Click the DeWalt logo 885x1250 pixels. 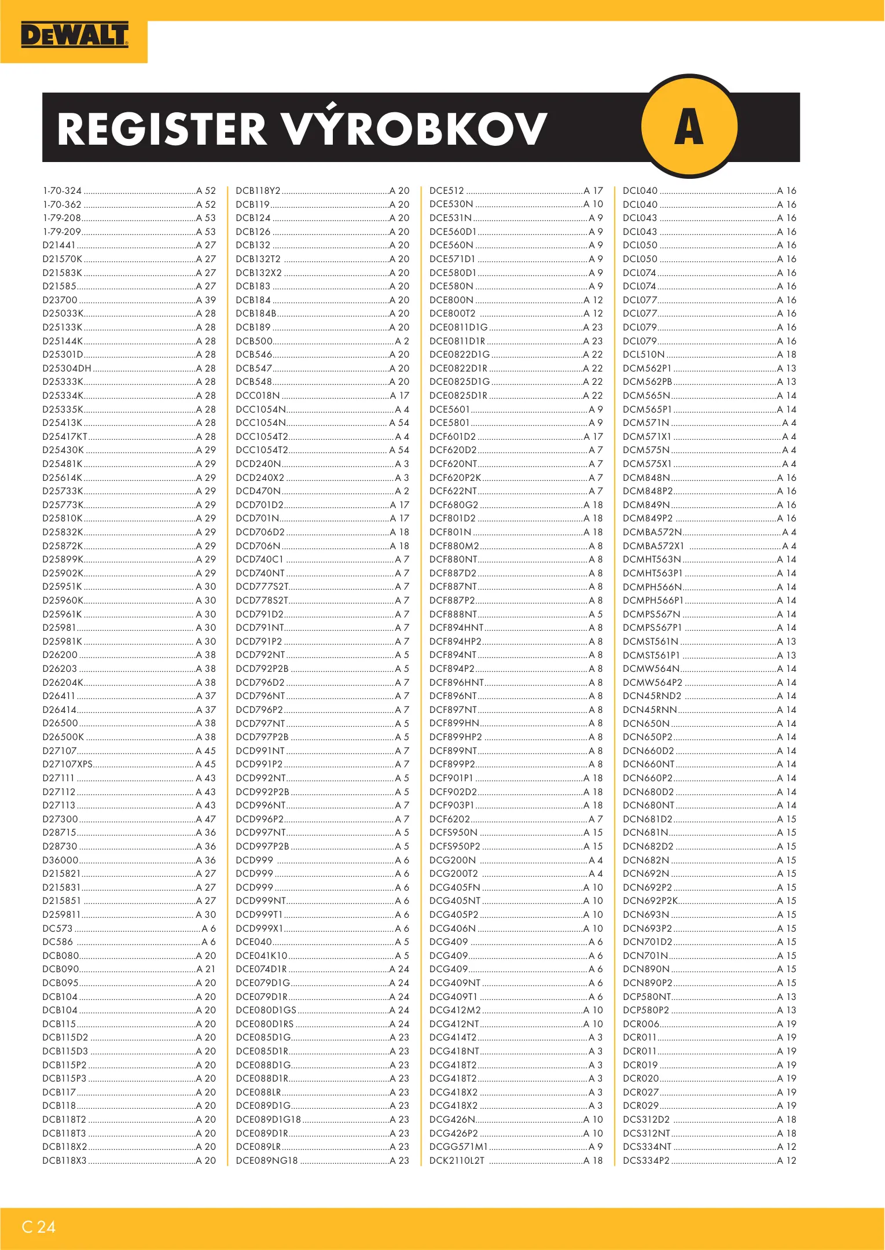click(x=74, y=36)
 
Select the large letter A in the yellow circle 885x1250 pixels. click(x=689, y=127)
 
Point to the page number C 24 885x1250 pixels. click(x=39, y=1227)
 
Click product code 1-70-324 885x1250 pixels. click(x=62, y=191)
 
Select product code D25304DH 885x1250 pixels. click(x=67, y=368)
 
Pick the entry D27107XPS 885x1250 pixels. click(x=67, y=764)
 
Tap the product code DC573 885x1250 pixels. click(x=57, y=928)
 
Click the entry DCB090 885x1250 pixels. click(x=60, y=969)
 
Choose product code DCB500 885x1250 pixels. click(x=254, y=341)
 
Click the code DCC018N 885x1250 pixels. click(x=258, y=396)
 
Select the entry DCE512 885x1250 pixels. click(x=446, y=191)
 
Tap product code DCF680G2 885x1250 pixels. click(x=453, y=505)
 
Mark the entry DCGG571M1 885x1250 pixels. click(x=458, y=1146)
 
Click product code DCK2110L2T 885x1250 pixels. click(x=457, y=1160)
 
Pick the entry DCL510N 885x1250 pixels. click(x=643, y=355)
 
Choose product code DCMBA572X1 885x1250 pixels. click(x=653, y=546)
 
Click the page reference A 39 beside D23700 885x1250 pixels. click(x=205, y=300)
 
